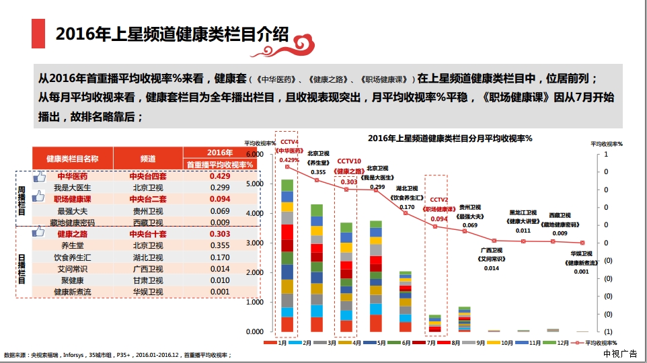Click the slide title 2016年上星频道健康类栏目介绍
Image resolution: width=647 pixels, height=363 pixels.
pos(172,34)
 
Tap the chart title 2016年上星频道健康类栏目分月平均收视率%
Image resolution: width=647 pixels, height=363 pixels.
pos(450,138)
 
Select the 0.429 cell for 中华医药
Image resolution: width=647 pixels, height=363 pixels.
pos(220,175)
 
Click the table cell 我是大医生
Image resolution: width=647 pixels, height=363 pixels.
pos(72,188)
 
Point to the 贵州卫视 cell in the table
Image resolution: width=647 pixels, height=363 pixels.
pos(148,211)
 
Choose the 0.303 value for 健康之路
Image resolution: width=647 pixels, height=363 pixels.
pos(220,234)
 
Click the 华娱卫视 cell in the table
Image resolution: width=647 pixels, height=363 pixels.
pos(148,292)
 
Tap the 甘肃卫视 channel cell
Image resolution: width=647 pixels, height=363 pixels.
pos(148,280)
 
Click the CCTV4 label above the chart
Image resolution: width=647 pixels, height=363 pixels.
pos(289,142)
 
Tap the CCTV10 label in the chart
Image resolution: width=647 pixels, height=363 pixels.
pos(349,161)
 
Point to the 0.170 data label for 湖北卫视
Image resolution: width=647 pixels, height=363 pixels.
pos(407,207)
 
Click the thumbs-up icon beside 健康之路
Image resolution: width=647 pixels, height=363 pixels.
pos(38,232)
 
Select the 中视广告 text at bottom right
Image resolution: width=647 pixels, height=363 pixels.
pos(620,354)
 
